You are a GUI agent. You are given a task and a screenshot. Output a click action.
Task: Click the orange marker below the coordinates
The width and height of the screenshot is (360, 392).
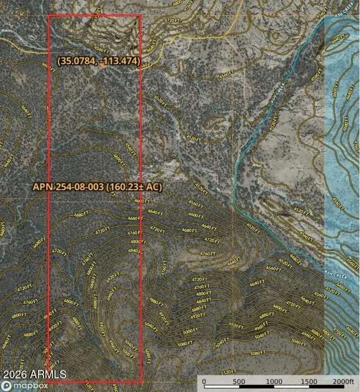coord(104,66)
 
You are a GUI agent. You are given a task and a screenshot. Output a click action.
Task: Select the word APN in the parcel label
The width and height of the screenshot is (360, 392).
coord(43,187)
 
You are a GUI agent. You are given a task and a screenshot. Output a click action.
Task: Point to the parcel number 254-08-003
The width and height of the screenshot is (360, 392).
coord(78,187)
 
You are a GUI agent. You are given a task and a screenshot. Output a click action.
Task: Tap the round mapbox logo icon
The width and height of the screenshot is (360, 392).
coord(5,386)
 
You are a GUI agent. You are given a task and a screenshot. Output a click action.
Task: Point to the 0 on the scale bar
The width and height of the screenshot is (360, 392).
coord(204,381)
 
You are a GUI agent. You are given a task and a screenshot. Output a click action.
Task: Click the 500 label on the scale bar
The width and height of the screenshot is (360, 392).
coord(239,381)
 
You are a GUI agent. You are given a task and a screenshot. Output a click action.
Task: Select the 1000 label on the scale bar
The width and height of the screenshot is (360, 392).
coord(274,381)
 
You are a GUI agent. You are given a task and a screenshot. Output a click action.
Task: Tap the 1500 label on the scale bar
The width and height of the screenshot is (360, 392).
coord(309,381)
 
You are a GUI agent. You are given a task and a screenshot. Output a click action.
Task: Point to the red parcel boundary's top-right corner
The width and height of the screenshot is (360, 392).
coord(140,15)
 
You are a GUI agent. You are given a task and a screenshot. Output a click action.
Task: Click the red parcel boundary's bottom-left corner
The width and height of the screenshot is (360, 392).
coord(48,382)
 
